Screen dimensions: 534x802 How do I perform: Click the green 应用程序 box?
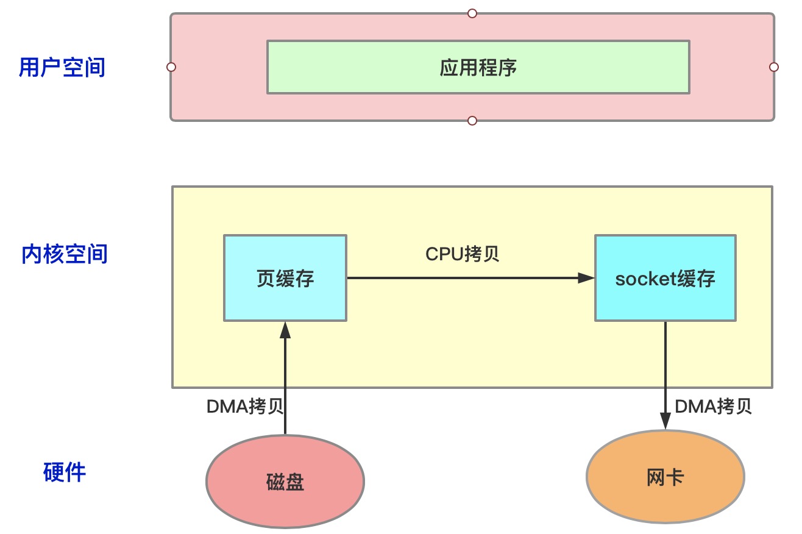(478, 67)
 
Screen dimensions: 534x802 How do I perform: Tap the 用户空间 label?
(62, 67)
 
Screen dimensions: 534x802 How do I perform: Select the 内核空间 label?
(64, 254)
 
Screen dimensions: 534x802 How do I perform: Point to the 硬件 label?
(65, 472)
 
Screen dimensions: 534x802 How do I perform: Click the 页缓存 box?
(285, 278)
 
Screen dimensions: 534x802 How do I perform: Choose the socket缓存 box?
(665, 278)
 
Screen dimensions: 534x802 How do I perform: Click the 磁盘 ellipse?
(285, 482)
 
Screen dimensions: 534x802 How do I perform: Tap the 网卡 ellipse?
(665, 477)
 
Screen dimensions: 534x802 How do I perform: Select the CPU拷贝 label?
(463, 254)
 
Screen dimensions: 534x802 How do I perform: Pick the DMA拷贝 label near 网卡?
(713, 407)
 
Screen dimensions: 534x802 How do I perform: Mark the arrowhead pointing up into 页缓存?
(285, 329)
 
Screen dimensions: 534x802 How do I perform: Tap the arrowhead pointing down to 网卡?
(665, 422)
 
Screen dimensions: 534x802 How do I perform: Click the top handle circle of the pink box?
(472, 13)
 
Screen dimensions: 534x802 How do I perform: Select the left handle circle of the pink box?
(171, 66)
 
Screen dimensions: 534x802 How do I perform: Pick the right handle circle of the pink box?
(774, 66)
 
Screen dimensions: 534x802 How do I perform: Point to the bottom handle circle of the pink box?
(472, 121)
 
